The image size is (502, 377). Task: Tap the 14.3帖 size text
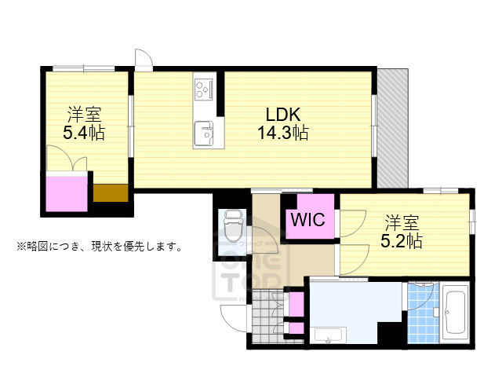[282, 133]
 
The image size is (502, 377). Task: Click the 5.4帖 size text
[85, 132]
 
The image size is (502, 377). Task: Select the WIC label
[308, 220]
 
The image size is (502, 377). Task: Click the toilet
[234, 227]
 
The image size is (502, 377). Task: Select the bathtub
[455, 314]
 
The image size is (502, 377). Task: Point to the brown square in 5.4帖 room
[109, 193]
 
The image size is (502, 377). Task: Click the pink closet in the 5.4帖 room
[68, 192]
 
